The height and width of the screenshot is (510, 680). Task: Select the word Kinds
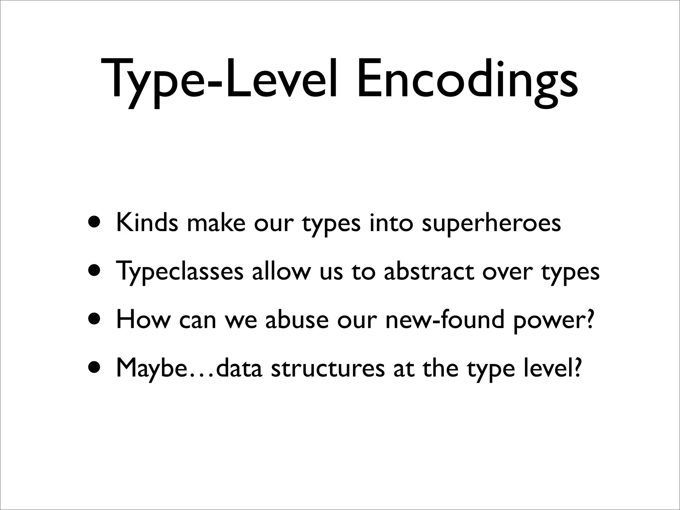click(147, 223)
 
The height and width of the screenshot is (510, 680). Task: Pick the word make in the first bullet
click(216, 223)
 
